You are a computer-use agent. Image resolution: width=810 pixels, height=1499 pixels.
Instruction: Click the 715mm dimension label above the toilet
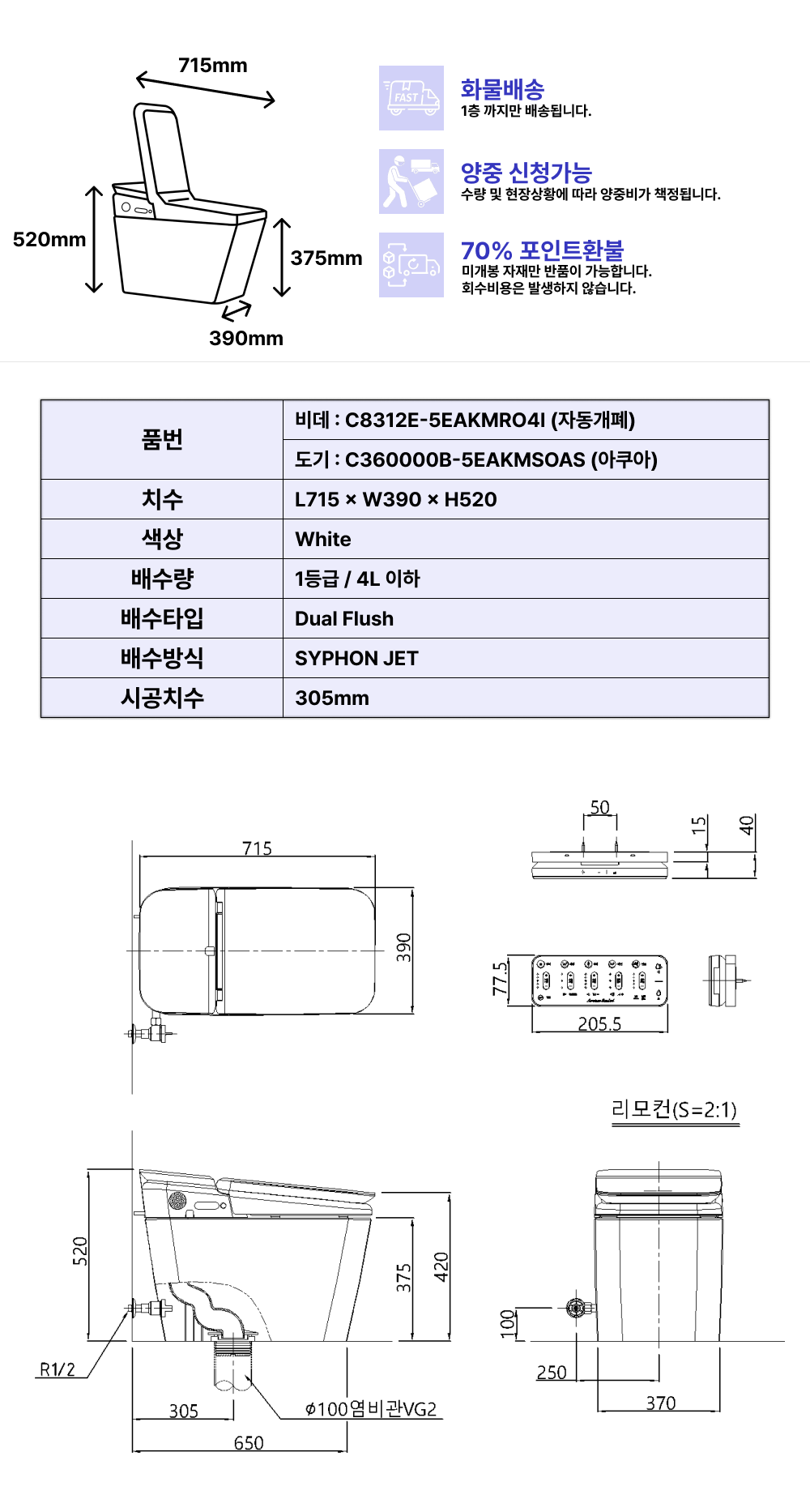213,66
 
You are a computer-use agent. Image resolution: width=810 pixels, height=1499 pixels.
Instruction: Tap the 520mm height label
49,240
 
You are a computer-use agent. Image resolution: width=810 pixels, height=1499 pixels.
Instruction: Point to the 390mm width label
246,339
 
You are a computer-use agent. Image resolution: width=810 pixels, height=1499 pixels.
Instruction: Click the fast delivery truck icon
411,98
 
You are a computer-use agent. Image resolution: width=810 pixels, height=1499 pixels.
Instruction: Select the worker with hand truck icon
411,182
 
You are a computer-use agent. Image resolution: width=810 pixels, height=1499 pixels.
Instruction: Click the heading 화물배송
502,89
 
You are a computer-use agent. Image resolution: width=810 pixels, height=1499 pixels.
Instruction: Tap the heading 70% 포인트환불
543,250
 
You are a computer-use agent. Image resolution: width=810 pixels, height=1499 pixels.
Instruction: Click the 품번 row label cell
162,439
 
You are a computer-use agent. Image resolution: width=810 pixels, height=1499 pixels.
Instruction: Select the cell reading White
526,539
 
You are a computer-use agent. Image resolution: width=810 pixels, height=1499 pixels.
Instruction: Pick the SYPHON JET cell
526,658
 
